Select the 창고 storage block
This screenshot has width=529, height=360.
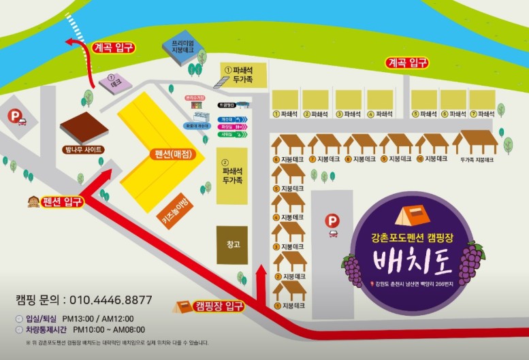tap(232, 245)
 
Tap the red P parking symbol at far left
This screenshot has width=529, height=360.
tap(16, 117)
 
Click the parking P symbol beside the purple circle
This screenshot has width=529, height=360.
tap(332, 220)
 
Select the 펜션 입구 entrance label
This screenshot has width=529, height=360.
tap(62, 201)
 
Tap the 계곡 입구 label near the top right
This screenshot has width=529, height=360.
tap(407, 63)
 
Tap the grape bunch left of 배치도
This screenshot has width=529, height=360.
tap(353, 269)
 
